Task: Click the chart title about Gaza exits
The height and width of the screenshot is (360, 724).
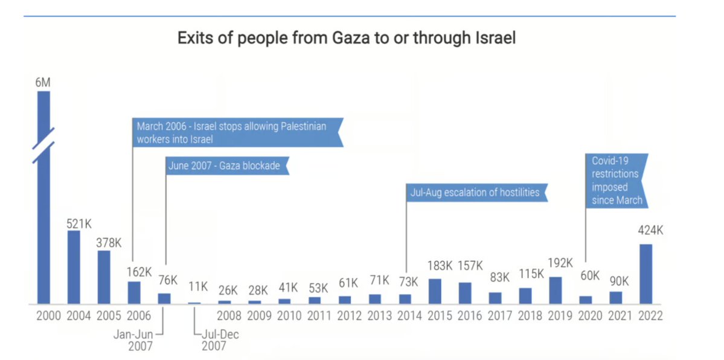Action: tap(346, 39)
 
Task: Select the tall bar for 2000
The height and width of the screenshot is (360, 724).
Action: tap(43, 199)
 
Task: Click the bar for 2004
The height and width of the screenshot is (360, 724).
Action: tap(74, 267)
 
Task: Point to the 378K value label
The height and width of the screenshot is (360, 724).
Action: tap(109, 242)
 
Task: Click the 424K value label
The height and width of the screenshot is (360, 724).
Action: tap(650, 230)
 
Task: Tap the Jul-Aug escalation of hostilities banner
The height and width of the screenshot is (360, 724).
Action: tap(476, 193)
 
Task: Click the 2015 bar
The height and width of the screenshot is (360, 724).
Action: tap(435, 291)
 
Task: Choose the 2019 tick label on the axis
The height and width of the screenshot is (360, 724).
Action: tap(560, 316)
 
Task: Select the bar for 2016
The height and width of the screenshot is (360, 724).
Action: tap(465, 292)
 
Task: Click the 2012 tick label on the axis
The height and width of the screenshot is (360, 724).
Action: tap(348, 316)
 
